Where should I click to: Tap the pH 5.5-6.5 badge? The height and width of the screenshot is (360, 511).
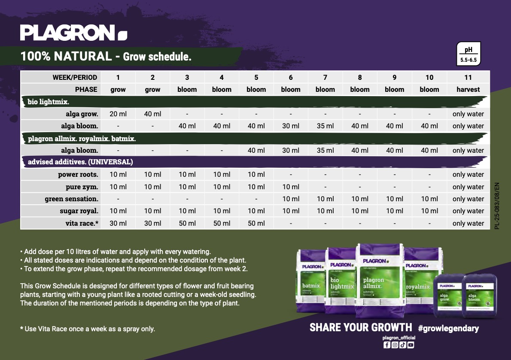pos(468,54)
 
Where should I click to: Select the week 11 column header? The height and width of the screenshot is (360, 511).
pos(468,78)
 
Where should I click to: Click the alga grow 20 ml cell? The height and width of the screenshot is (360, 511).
pos(118,114)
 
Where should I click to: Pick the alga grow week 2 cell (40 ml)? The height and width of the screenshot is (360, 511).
pos(152,114)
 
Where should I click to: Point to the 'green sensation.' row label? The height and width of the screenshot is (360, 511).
pos(72,199)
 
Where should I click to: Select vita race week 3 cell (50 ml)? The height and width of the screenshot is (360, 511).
pos(187,223)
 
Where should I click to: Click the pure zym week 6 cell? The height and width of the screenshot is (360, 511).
pos(291,187)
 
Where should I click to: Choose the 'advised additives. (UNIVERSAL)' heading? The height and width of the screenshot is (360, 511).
pos(80,162)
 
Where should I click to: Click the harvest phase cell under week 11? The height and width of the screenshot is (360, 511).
pos(468,90)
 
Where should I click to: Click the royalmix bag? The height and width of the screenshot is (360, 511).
pos(418,283)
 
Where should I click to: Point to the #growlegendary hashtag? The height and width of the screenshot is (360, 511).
pos(448,328)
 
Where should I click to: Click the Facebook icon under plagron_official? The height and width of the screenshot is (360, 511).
pos(386,345)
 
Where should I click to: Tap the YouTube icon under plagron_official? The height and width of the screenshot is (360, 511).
pos(411,345)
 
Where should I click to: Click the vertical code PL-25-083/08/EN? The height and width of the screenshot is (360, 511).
pos(497,206)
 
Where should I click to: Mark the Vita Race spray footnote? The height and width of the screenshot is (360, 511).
pos(88,329)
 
